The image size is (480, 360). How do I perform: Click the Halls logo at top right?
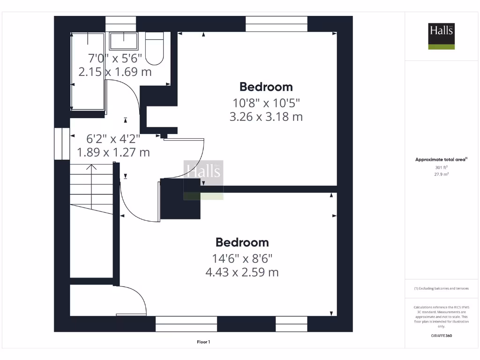click(x=441, y=36)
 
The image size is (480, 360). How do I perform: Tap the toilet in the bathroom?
click(x=154, y=49)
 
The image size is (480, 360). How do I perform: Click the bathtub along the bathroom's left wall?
click(x=88, y=71)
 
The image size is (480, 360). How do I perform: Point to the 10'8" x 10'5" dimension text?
click(x=266, y=102)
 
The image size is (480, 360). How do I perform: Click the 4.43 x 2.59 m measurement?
click(x=242, y=272)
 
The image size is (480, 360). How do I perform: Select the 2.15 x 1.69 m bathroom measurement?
click(x=115, y=72)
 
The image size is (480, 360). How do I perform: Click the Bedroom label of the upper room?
click(x=266, y=87)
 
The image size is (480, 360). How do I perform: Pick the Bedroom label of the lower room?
click(x=242, y=242)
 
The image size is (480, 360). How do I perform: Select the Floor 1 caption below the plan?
click(x=203, y=342)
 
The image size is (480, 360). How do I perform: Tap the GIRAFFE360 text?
click(x=441, y=336)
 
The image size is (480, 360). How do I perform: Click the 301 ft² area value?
click(x=441, y=167)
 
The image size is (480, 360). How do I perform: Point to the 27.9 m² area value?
click(x=441, y=174)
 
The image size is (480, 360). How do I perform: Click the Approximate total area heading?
click(x=441, y=159)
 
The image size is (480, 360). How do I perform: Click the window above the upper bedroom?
click(x=277, y=24)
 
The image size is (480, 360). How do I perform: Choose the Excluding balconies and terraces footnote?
click(x=441, y=289)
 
